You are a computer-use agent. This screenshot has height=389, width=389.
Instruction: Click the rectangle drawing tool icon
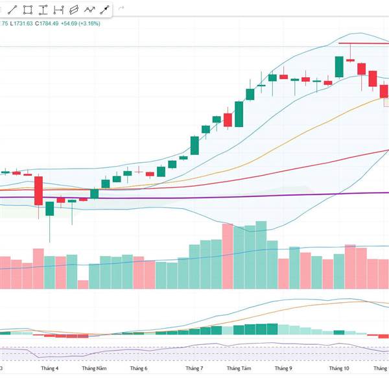(27, 10)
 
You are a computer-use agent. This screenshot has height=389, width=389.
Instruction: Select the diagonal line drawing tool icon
(12, 10)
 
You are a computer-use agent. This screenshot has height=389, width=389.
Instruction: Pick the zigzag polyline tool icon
(88, 10)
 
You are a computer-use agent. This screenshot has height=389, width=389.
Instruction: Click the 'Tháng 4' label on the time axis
(49, 368)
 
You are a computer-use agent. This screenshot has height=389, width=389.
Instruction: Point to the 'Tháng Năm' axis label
(94, 368)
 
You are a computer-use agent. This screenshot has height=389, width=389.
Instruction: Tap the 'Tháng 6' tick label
(139, 368)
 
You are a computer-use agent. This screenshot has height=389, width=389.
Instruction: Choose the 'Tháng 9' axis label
(283, 368)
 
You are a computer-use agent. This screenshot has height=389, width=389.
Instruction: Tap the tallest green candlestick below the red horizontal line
(339, 67)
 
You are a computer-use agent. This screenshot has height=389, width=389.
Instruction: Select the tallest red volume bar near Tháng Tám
(227, 256)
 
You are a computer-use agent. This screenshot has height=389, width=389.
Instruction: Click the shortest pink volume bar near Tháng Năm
(83, 285)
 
